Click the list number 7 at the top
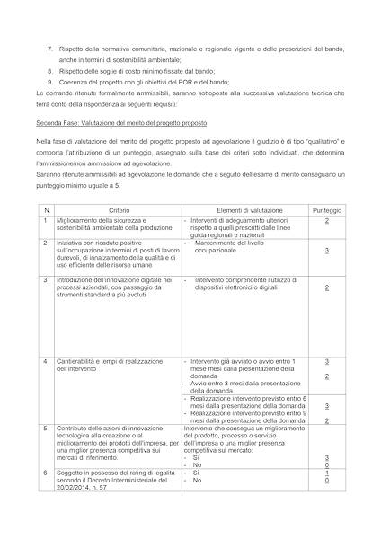(49, 48)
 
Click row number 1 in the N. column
(45, 219)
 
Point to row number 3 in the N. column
(45, 279)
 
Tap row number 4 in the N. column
(45, 360)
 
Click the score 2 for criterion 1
(326, 220)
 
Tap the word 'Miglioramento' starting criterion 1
(77, 219)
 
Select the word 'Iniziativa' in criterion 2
(70, 243)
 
